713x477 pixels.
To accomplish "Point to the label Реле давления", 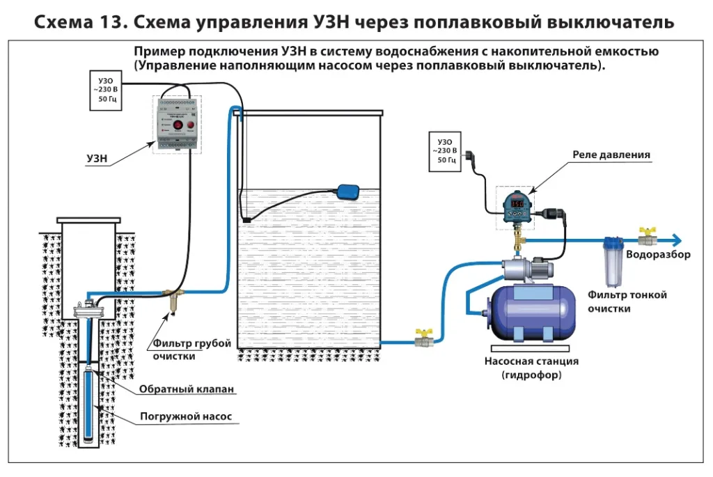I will point(611,155).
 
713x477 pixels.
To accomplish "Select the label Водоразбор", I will point(658,255).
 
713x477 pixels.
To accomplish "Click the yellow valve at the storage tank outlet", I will point(421,339).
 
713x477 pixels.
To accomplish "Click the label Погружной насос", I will point(185,417).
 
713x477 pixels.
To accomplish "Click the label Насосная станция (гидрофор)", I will point(531,368).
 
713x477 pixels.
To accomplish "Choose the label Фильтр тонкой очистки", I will point(627,301).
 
